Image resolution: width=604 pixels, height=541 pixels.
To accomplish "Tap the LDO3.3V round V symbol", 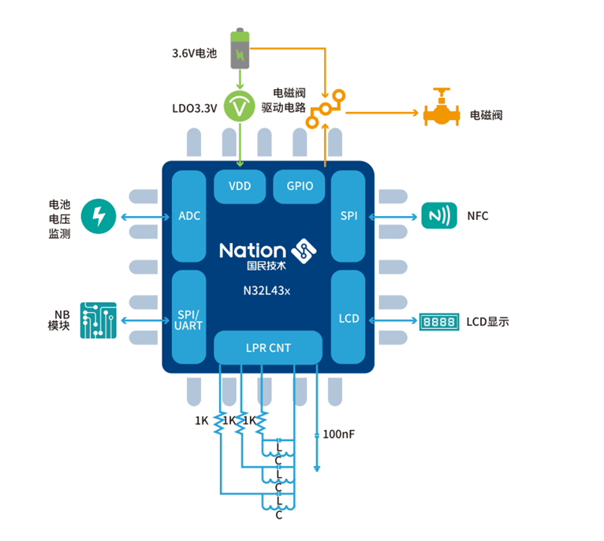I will [x=240, y=106].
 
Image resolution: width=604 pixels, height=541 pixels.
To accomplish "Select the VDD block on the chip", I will [x=240, y=186].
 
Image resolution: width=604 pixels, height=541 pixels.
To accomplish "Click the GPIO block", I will [x=299, y=186].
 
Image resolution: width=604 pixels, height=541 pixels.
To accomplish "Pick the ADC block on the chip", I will [x=189, y=215].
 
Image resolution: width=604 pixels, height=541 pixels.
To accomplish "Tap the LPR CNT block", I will [x=268, y=347].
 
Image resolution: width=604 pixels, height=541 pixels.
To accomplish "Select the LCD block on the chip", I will [x=349, y=319].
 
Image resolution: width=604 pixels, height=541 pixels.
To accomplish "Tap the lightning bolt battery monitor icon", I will [x=99, y=215].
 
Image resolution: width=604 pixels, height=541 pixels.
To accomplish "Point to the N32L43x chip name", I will [x=267, y=290].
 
